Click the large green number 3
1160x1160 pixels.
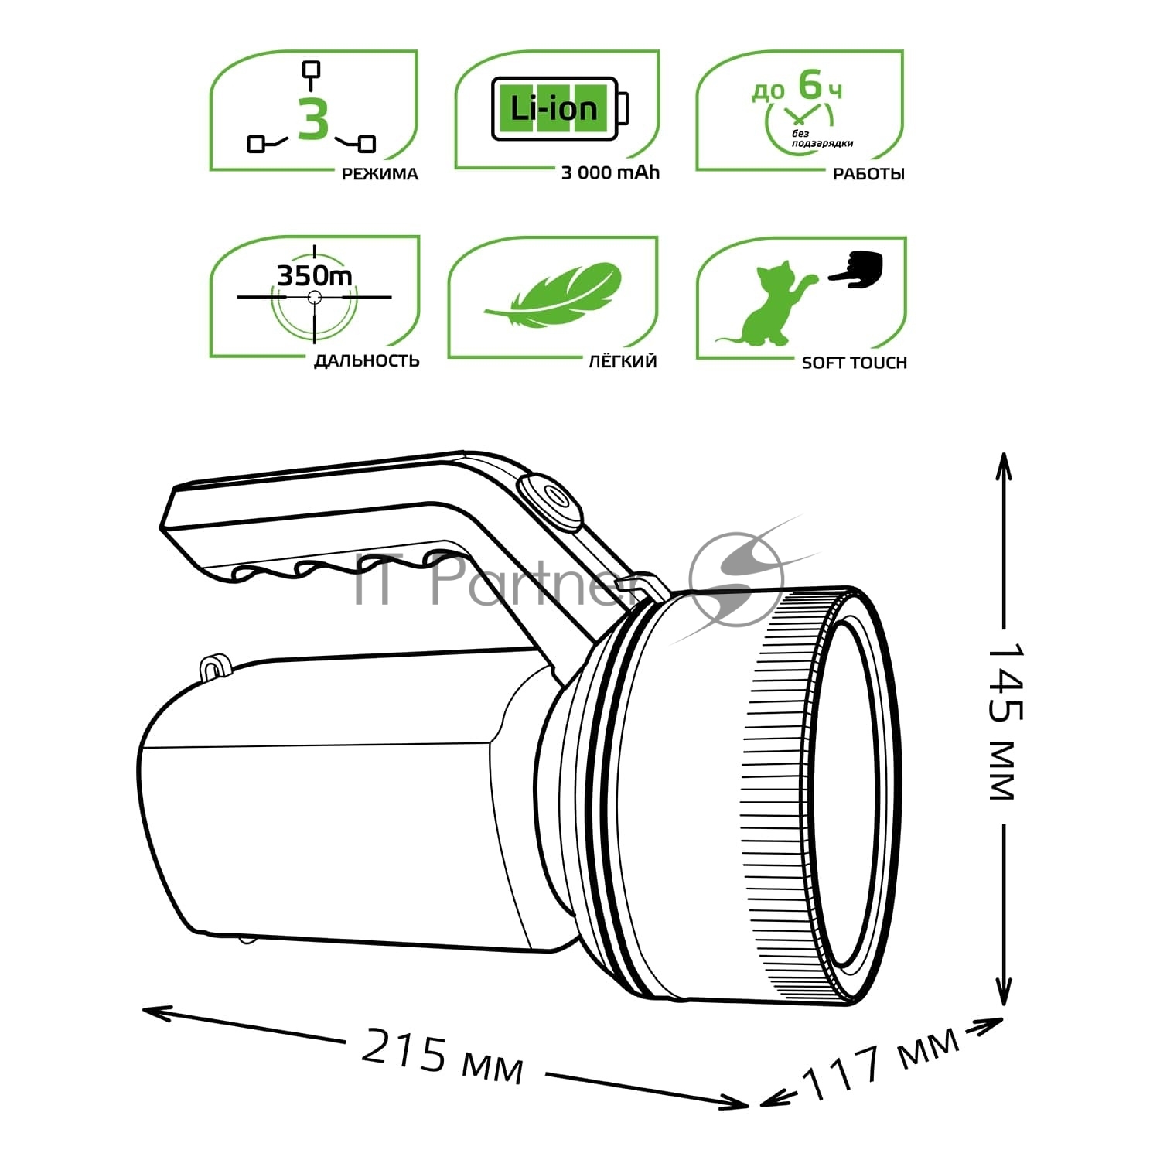313,120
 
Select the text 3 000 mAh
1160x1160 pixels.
610,173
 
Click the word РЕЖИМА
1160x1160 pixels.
380,174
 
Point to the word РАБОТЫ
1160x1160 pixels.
868,174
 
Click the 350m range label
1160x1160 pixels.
315,275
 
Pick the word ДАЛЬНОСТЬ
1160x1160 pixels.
367,360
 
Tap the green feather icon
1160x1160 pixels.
553,296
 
